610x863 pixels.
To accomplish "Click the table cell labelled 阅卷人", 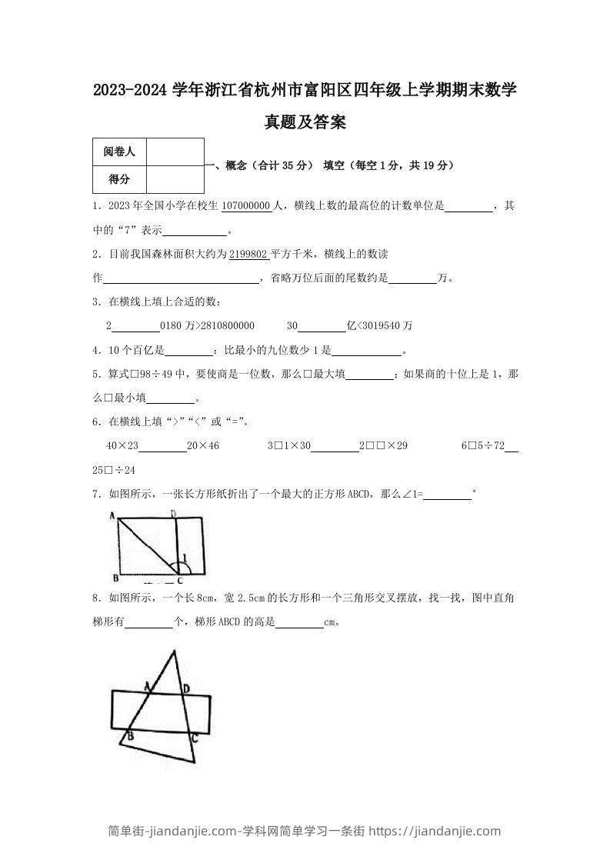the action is (x=119, y=152).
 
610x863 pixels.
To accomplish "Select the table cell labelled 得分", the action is (x=119, y=179).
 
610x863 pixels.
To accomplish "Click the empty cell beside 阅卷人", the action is (x=175, y=152).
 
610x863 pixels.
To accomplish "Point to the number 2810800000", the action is (x=227, y=325).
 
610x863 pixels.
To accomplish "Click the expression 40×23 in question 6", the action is (x=122, y=445).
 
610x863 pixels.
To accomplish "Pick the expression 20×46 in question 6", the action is (x=203, y=445).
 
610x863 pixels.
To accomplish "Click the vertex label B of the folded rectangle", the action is (x=115, y=576).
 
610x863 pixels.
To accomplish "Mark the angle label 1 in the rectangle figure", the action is (x=183, y=558).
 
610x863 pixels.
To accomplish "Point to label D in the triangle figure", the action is (x=185, y=688).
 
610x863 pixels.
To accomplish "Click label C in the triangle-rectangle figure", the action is (x=195, y=738).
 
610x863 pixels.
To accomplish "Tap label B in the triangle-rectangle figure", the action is (x=130, y=736).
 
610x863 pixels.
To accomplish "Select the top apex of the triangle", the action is (x=175, y=650).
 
